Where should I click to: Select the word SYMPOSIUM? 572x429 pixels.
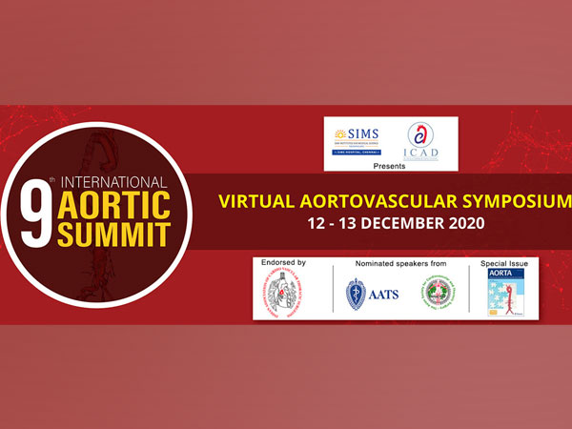click(x=511, y=202)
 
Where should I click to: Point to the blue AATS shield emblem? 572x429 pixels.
click(x=357, y=293)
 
